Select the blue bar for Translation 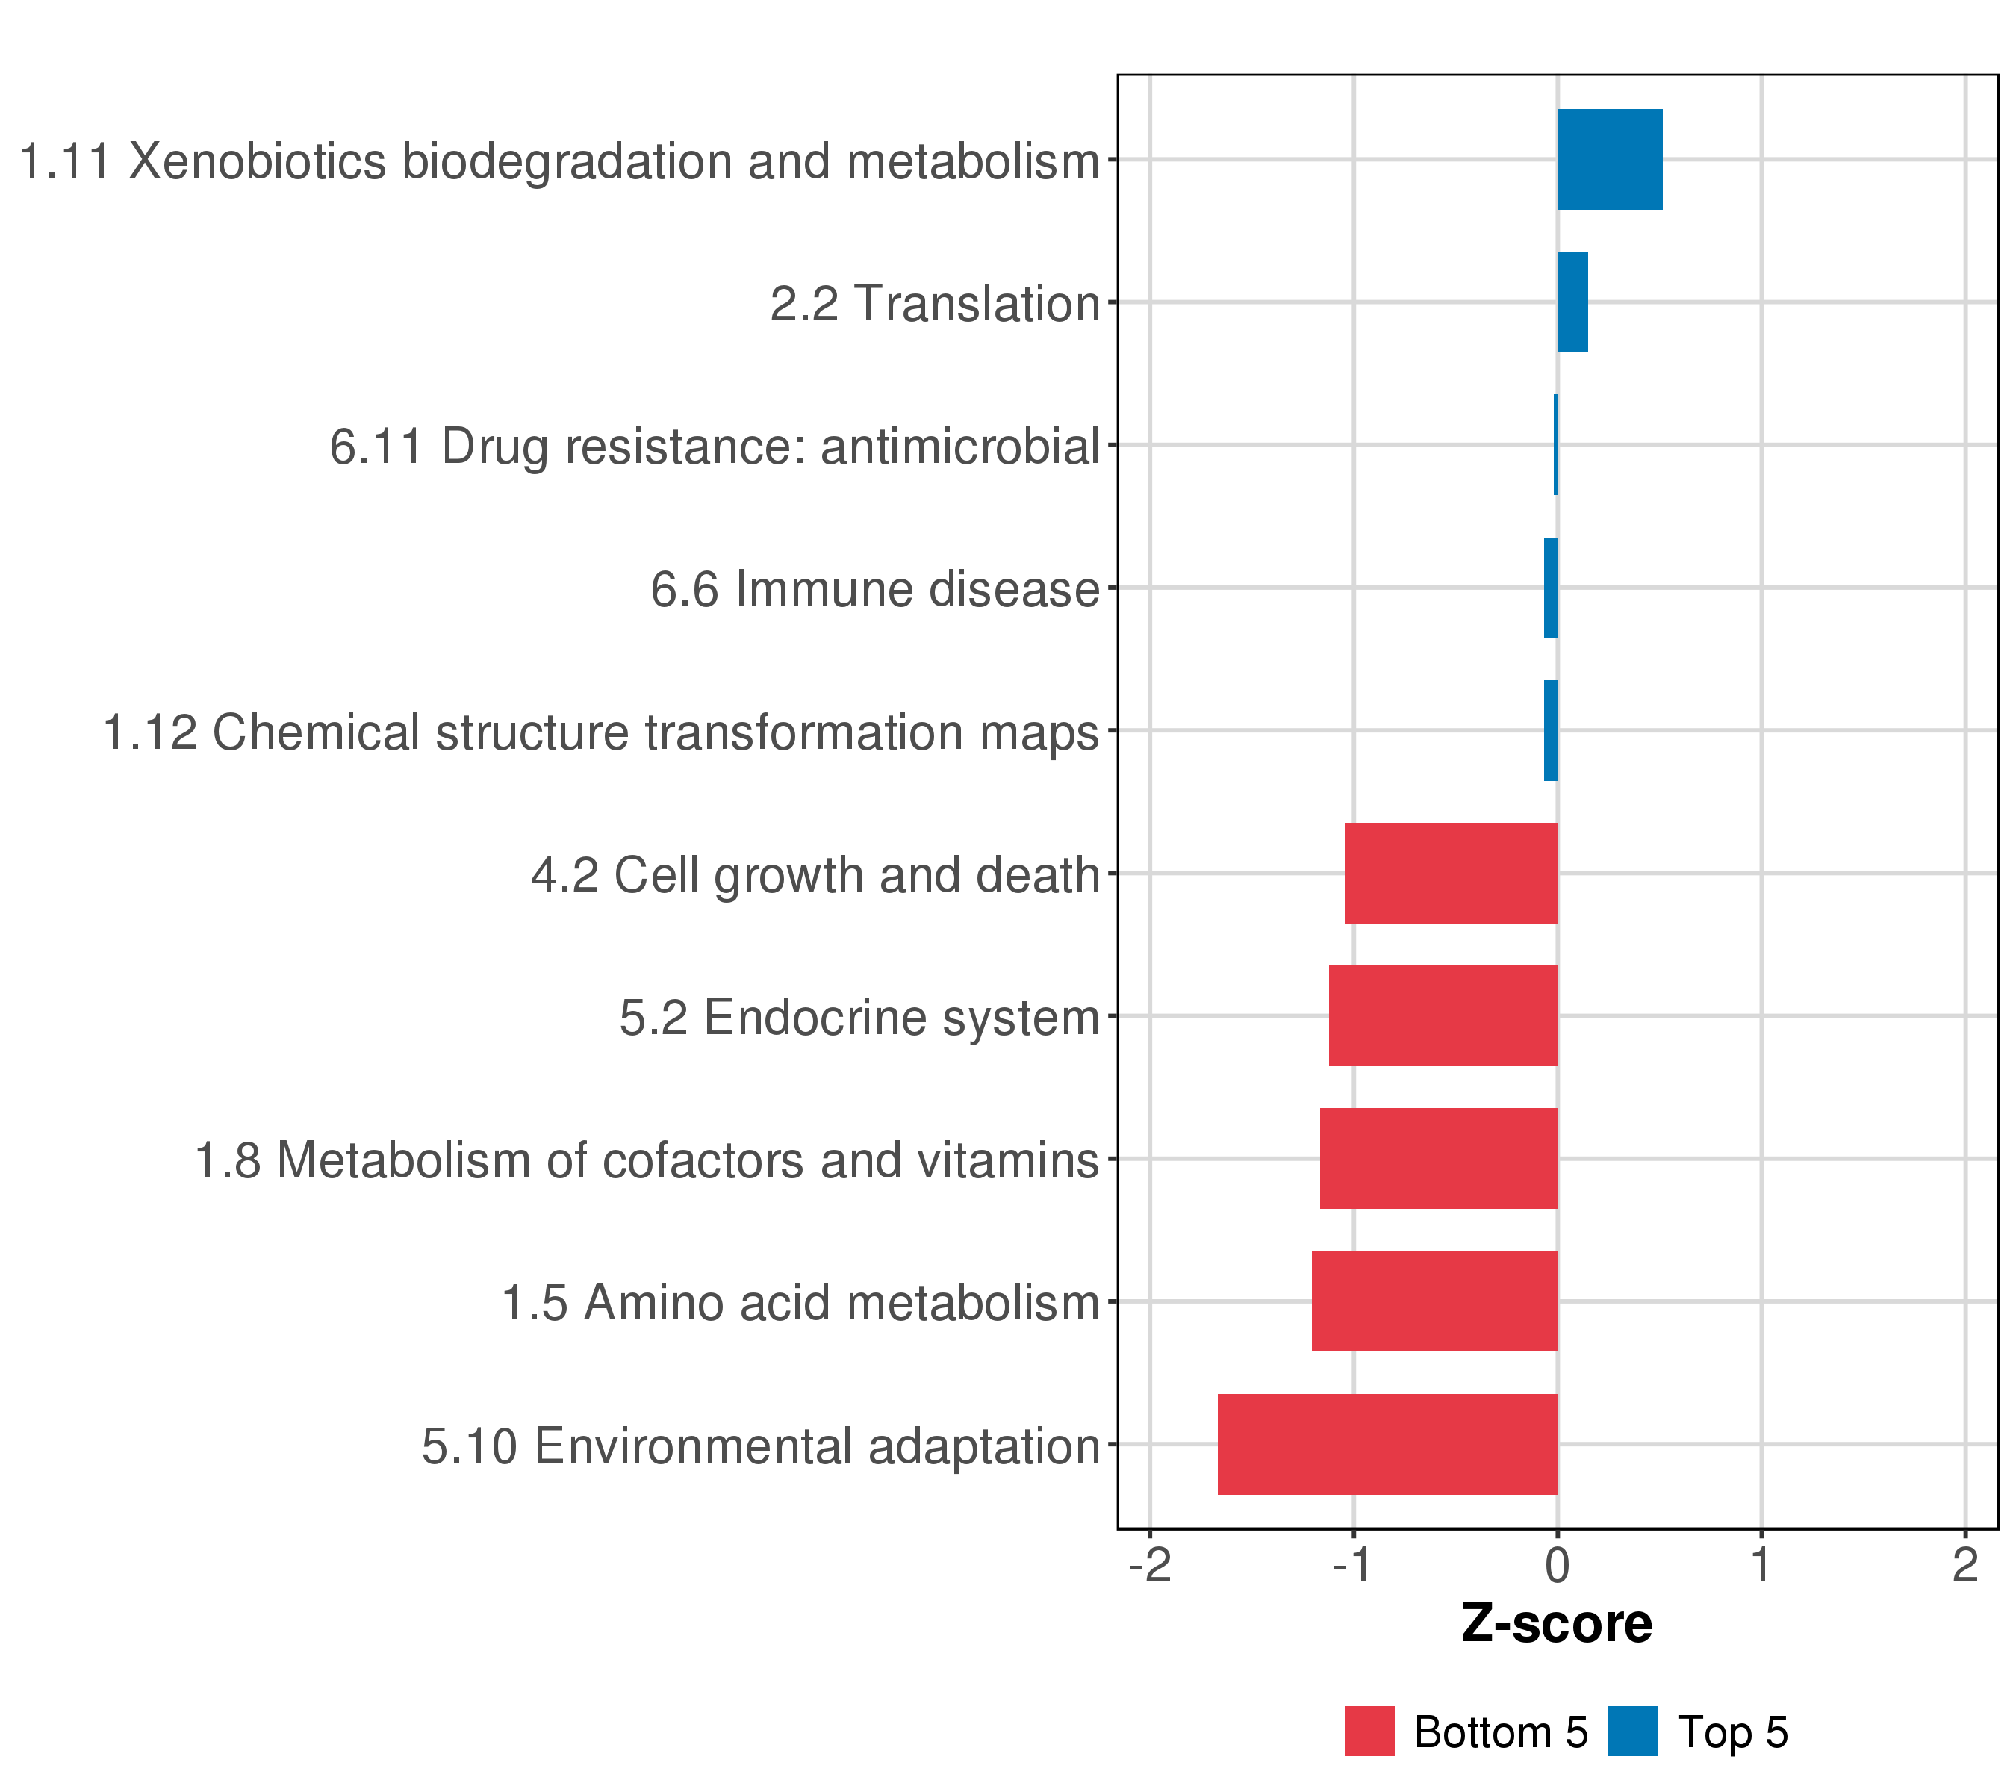(1572, 302)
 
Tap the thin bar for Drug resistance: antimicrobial (1556, 445)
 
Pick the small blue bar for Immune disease (1552, 588)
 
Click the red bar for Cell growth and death (1451, 873)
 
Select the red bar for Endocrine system (1443, 1015)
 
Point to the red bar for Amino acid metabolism (1434, 1301)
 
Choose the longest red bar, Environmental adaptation (1388, 1444)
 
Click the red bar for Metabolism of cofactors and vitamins (1439, 1159)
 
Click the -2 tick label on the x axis (1149, 1565)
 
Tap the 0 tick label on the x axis (1558, 1565)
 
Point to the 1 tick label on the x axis (1761, 1565)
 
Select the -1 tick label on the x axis (1353, 1565)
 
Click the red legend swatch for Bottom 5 (1369, 1731)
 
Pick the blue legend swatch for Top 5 (1633, 1731)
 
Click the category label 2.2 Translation (934, 304)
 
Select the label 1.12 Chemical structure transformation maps (600, 732)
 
